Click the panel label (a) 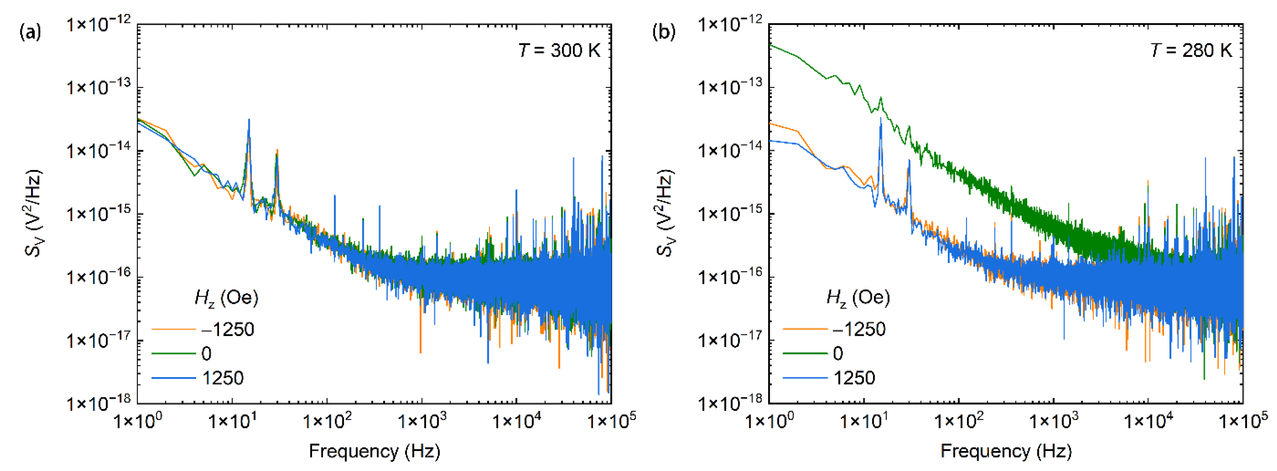30,33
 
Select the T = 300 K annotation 559,50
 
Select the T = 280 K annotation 1191,50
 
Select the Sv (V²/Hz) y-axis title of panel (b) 665,213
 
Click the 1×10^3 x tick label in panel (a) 422,422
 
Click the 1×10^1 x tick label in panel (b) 864,422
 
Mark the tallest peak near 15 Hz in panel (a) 249,120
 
